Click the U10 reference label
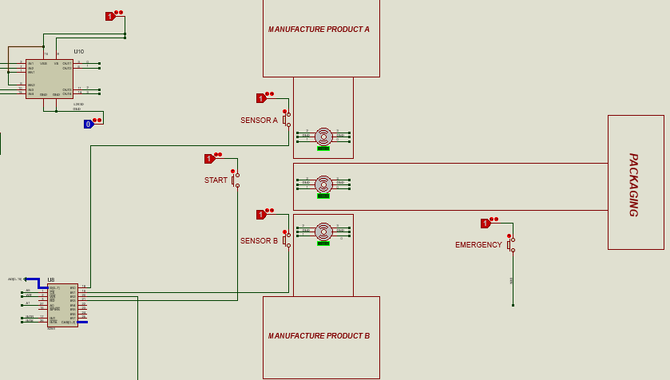pos(78,52)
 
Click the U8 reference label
pos(51,280)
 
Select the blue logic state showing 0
pos(89,124)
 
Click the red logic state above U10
pos(111,16)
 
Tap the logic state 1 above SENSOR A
pos(261,98)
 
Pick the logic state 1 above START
pos(209,159)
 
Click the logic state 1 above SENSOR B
pos(261,215)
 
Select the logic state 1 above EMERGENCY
pos(486,224)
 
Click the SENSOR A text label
pos(259,121)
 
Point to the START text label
pos(216,180)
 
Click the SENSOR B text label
pos(259,240)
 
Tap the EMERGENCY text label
pos(478,245)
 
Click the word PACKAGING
pos(633,184)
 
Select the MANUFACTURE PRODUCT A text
pos(319,30)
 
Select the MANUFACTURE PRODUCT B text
pos(319,336)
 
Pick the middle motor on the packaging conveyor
pos(323,184)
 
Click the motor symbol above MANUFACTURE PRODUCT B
pos(323,231)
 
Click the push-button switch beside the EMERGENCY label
pos(511,244)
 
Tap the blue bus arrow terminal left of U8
pos(26,279)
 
